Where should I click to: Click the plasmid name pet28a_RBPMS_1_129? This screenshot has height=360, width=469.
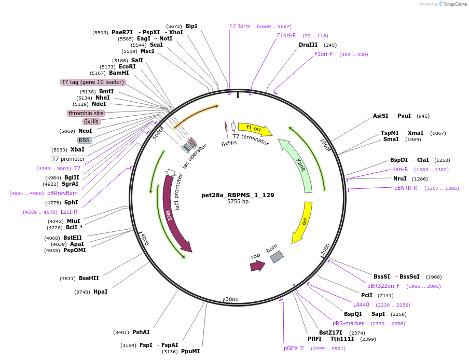238,195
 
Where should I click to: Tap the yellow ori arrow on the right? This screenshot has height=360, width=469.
304,222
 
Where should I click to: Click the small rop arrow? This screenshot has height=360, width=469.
257,266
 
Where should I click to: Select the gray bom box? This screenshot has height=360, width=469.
277,257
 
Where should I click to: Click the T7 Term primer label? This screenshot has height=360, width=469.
240,26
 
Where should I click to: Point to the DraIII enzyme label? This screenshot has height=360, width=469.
308,45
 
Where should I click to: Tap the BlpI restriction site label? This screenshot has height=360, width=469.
191,26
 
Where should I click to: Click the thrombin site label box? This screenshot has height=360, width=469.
86,113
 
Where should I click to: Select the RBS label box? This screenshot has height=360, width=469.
84,140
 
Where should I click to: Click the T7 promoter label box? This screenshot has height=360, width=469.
68,159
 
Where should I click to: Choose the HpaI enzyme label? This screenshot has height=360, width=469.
101,292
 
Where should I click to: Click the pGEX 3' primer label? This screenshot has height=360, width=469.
294,348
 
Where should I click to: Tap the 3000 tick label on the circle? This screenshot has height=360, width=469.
232,299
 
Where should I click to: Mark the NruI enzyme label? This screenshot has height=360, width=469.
399,178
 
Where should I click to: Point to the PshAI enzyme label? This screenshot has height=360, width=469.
141,332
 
